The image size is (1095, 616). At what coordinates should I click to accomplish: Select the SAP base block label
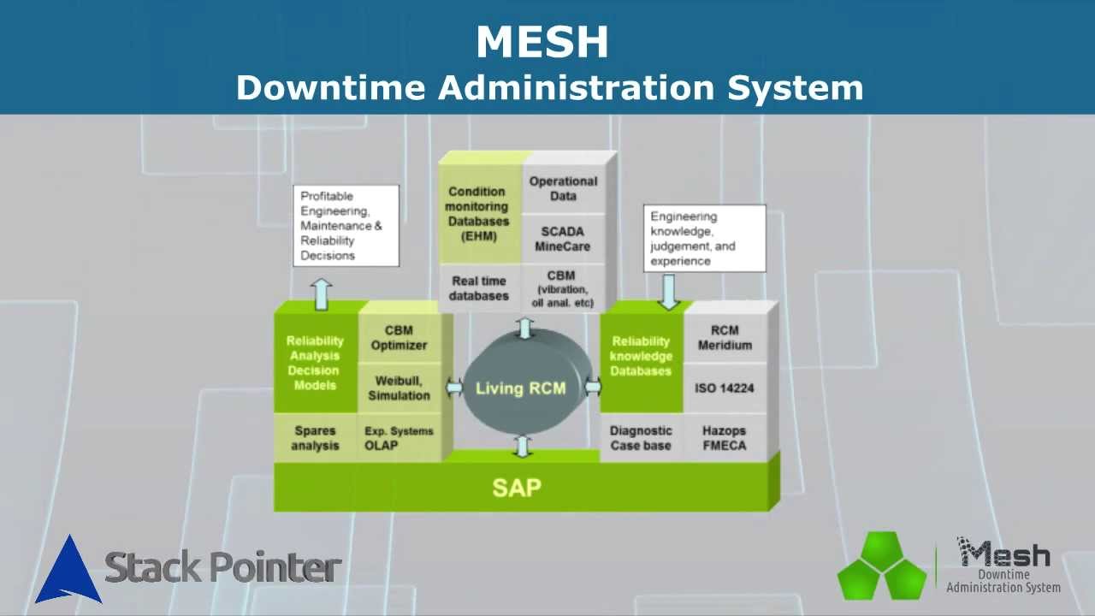tap(517, 488)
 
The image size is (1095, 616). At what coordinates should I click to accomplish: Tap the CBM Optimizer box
tap(399, 338)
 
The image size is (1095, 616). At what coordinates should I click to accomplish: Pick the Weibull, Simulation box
tap(399, 388)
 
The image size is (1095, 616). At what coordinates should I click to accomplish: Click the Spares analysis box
tap(316, 438)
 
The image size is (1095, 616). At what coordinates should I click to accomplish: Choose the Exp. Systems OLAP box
tap(399, 438)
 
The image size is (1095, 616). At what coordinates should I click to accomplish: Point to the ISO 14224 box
tap(725, 388)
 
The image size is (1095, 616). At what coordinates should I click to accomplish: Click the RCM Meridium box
tap(725, 338)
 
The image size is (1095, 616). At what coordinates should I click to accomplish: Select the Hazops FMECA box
tap(725, 438)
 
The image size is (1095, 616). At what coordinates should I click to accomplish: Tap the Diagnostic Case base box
tap(641, 438)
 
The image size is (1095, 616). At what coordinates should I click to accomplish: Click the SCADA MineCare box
tap(563, 239)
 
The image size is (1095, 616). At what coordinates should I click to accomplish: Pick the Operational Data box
tap(563, 189)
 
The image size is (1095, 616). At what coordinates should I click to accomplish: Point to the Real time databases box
tap(480, 288)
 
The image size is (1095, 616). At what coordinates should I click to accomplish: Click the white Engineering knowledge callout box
tap(704, 239)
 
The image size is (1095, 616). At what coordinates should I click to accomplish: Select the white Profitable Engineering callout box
tap(346, 225)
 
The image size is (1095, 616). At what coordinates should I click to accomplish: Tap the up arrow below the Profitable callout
tap(321, 294)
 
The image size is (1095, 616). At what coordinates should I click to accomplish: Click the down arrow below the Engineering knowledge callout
tap(668, 292)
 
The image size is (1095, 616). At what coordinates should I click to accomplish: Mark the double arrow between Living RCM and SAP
tap(523, 447)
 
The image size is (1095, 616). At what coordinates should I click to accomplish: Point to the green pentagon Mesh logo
tap(882, 566)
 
